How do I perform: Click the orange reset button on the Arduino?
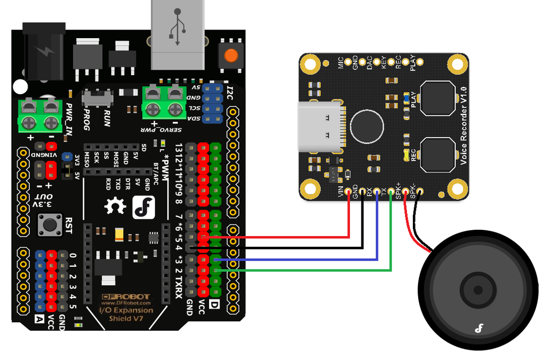coord(230,55)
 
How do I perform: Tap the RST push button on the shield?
coord(50,226)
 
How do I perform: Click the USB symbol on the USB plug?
coord(178,26)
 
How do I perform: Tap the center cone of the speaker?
coord(477,290)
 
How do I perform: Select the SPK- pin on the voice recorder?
coord(419,192)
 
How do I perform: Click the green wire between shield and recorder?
coord(318,271)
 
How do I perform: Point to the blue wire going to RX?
coord(318,259)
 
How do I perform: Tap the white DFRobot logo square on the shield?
coord(143,207)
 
